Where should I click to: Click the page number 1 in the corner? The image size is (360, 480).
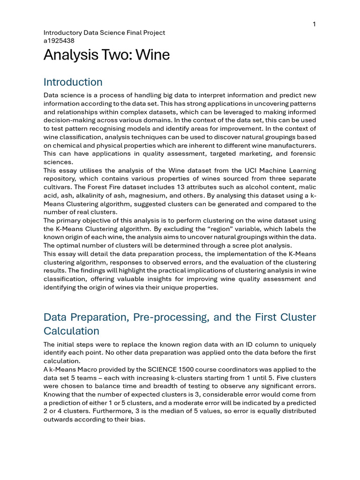tap(314, 24)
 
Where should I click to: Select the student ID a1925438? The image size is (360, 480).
tap(59, 40)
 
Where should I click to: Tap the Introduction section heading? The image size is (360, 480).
tap(73, 82)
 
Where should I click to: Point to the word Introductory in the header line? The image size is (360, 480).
tap(62, 33)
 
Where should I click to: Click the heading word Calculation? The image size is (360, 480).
tap(71, 331)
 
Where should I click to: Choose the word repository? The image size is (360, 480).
tap(60, 179)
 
